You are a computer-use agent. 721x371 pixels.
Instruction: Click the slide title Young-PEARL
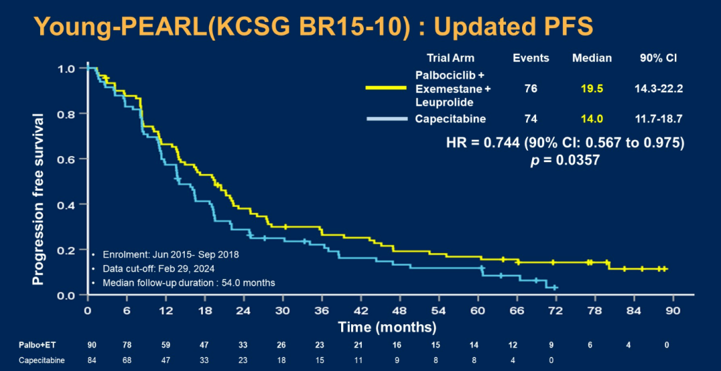pyautogui.click(x=313, y=27)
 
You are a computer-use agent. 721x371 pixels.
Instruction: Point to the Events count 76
pyautogui.click(x=531, y=87)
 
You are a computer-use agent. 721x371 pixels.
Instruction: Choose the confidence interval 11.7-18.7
pyautogui.click(x=658, y=119)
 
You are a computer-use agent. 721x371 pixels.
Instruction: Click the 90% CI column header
pyautogui.click(x=658, y=58)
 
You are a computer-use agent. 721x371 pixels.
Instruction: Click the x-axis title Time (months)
pyautogui.click(x=387, y=327)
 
